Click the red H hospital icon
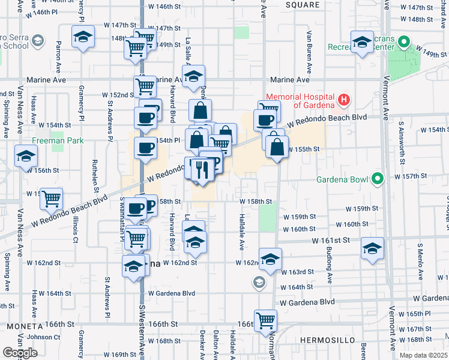(x=344, y=99)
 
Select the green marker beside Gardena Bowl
(x=377, y=179)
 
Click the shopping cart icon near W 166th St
(x=265, y=319)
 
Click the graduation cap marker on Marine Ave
(x=193, y=76)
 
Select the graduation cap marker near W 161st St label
(x=372, y=248)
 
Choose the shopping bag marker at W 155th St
(x=276, y=147)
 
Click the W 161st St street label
(x=330, y=240)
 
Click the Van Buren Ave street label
(x=309, y=51)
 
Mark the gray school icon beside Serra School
(x=38, y=41)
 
